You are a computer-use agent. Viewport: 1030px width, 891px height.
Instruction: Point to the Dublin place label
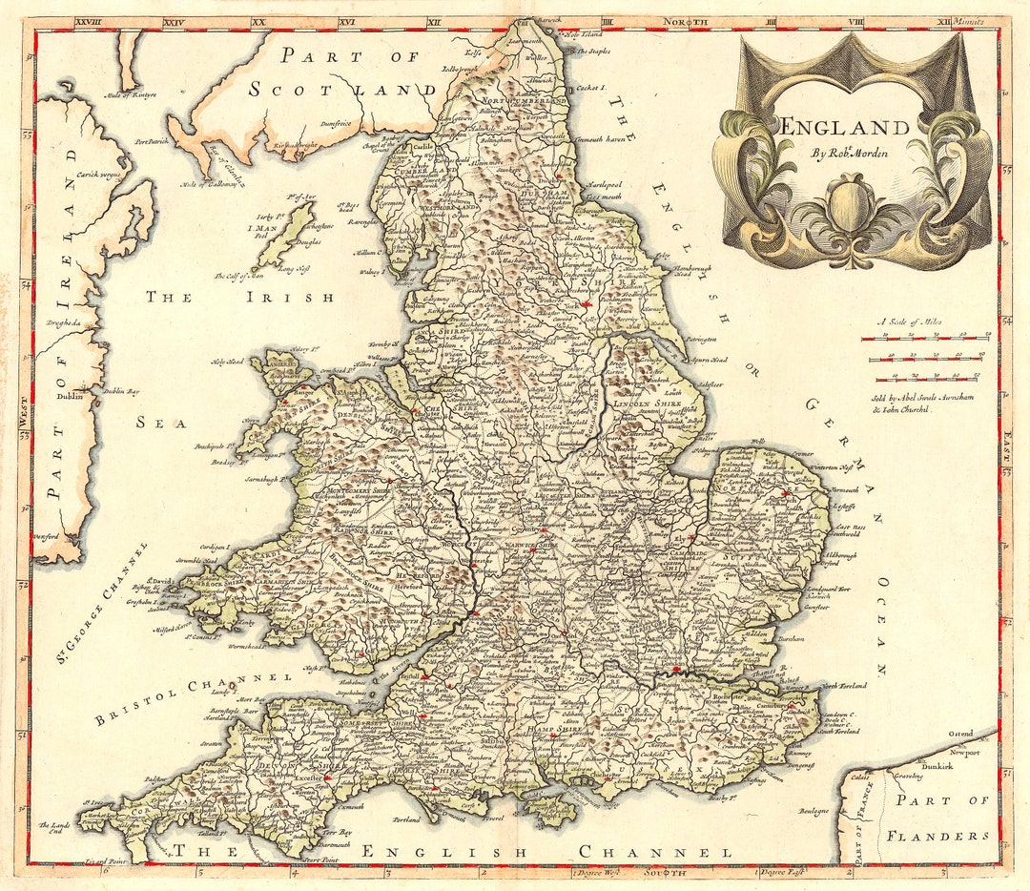pyautogui.click(x=69, y=397)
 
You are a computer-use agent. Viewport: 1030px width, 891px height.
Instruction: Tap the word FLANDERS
pyautogui.click(x=937, y=836)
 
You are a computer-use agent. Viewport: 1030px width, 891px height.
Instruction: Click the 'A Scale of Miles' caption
pyautogui.click(x=910, y=322)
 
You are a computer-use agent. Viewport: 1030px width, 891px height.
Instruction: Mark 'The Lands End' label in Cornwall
pyautogui.click(x=55, y=827)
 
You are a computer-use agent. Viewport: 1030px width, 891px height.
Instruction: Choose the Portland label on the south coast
pyautogui.click(x=406, y=818)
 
